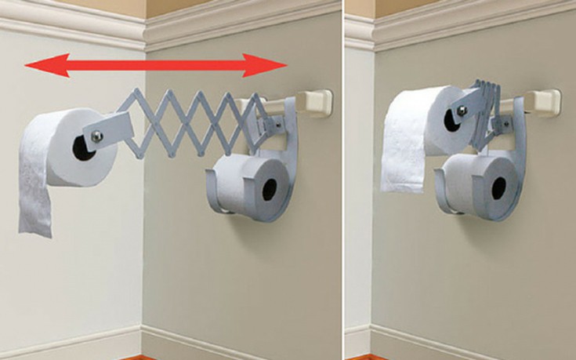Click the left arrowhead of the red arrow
35,66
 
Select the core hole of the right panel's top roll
452,119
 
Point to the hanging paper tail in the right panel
400,169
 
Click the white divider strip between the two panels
343,180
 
